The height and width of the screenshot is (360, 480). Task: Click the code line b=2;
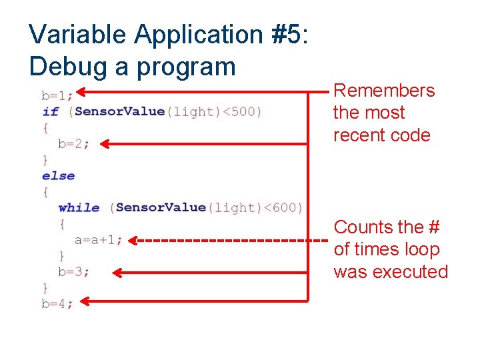[73, 143]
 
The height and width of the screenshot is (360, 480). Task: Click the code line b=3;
[73, 272]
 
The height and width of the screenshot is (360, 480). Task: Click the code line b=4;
[57, 304]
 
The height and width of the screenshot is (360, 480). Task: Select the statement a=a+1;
[98, 240]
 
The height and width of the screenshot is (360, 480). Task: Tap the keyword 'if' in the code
[50, 111]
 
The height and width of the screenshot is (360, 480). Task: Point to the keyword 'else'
[58, 176]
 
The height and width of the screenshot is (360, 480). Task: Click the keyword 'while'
[79, 208]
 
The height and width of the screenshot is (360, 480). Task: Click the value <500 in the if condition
[241, 111]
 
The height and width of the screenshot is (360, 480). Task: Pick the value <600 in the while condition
[284, 208]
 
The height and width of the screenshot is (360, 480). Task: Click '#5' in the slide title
[287, 33]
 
